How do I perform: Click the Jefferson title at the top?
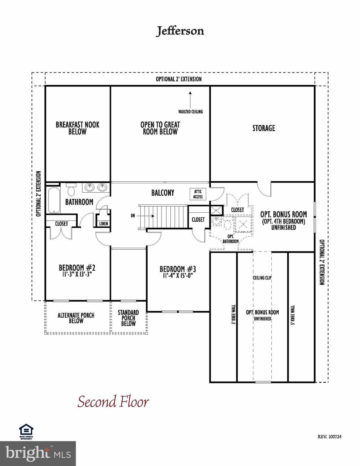[x=180, y=31]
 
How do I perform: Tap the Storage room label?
[x=263, y=128]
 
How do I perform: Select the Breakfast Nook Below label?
[x=77, y=128]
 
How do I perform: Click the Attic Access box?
[x=198, y=194]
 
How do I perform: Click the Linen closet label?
[x=104, y=224]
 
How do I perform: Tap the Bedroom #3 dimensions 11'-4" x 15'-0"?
[x=178, y=275]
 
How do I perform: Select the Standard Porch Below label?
[x=128, y=318]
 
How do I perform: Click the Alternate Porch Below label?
[x=76, y=318]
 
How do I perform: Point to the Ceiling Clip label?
[x=262, y=278]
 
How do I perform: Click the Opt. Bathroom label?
[x=230, y=239]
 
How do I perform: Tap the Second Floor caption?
[x=113, y=402]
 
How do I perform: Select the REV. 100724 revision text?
[x=329, y=437]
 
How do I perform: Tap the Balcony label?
[x=163, y=193]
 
